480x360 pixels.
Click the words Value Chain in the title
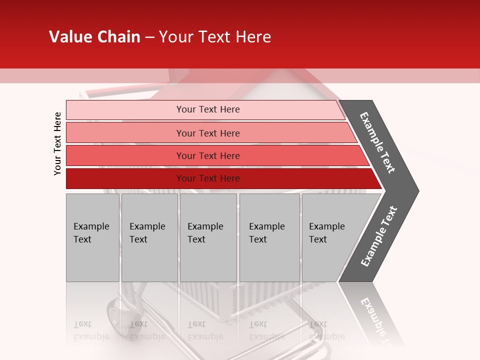coord(94,37)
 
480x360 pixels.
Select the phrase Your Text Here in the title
coord(215,37)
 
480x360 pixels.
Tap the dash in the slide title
coord(149,37)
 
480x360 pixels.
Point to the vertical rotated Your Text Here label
coord(57,143)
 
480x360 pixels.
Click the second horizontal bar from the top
coord(208,133)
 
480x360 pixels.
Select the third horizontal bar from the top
coord(208,155)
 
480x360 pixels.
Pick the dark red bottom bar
coord(208,178)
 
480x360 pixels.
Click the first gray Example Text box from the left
coord(92,237)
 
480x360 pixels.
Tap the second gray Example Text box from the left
coord(149,237)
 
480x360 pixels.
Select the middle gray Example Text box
coord(208,237)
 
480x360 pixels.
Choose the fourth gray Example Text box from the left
coord(269,237)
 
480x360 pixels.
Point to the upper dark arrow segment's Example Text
coord(377,142)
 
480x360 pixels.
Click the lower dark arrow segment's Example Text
coord(378,236)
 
